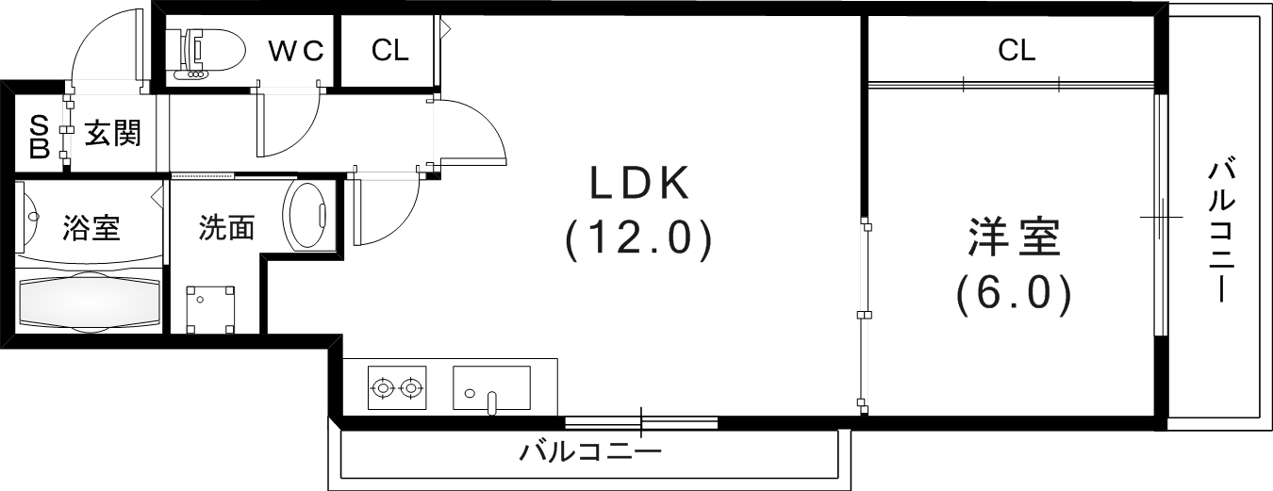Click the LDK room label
coord(640,185)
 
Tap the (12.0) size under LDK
coord(638,241)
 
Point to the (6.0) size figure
coord(1014,295)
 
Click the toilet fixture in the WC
coord(205,52)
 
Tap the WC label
coord(296,51)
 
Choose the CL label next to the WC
coord(389,51)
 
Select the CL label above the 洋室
coord(1017,51)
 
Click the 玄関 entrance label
coord(113,133)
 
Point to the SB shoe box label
coord(40,136)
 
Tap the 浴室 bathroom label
coord(91,228)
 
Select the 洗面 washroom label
coord(226,228)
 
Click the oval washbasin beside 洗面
coord(306,216)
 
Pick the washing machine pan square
coord(211,309)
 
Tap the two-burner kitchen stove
coord(396,386)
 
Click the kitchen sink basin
coord(490,387)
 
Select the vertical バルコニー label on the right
coord(1222,230)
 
